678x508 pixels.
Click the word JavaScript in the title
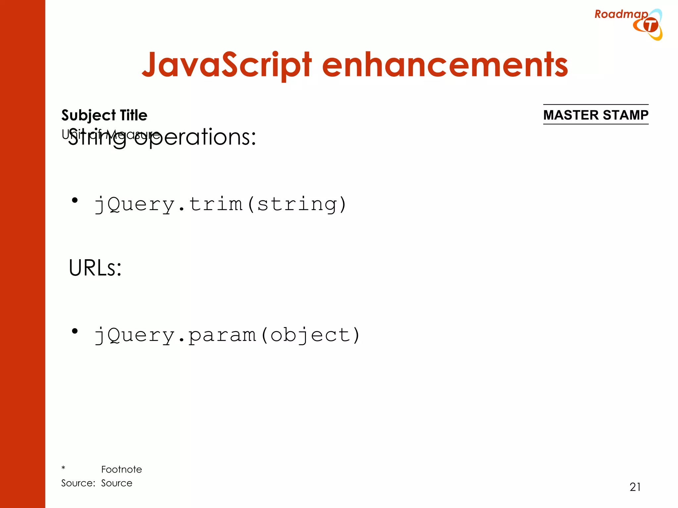(x=226, y=65)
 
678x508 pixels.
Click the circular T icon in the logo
(x=651, y=25)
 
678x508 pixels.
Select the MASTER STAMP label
(x=596, y=115)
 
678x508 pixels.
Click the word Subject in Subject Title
(x=88, y=115)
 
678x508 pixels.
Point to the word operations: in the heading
(x=195, y=137)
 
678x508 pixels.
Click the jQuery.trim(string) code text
(x=220, y=204)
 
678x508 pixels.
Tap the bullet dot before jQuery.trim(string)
(x=75, y=200)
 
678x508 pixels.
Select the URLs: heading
(x=95, y=268)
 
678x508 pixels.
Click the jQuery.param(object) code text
(x=227, y=335)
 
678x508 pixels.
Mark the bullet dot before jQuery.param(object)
(x=75, y=331)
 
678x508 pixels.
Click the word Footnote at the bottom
(x=121, y=469)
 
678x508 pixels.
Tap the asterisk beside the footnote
(x=63, y=468)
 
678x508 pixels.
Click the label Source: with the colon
(x=78, y=483)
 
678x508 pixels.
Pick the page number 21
(x=635, y=487)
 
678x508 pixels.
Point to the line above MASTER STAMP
(x=596, y=105)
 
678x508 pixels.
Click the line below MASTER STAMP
(x=596, y=124)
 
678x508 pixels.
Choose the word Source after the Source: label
(x=117, y=483)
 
